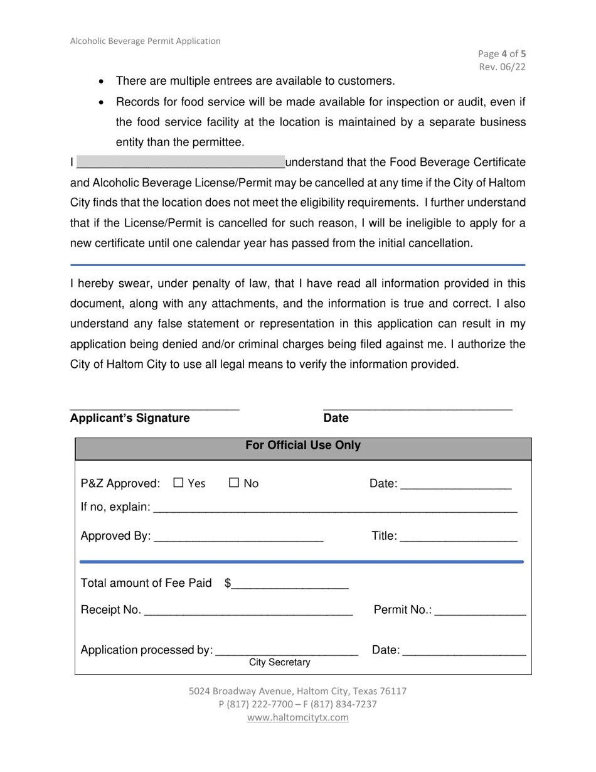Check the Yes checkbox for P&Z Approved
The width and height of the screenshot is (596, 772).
point(178,483)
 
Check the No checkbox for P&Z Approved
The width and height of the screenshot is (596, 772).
point(234,483)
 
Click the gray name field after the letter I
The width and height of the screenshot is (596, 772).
point(180,163)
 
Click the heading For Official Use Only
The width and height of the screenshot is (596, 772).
point(303,446)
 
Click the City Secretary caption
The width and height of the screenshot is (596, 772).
point(280,663)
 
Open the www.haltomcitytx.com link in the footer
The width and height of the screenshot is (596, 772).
point(298,717)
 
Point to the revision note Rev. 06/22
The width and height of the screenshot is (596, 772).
point(502,67)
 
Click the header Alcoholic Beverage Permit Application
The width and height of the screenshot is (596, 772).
point(146,41)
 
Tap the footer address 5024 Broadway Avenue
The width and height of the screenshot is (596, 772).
point(298,691)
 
